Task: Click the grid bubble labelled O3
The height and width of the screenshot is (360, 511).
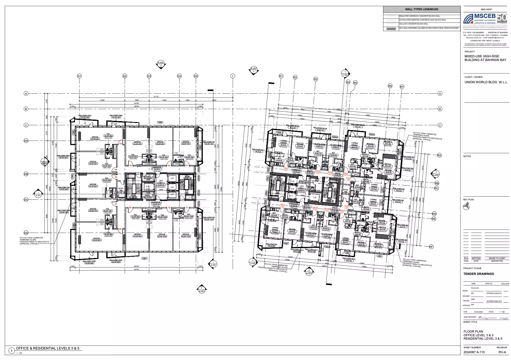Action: tap(149, 76)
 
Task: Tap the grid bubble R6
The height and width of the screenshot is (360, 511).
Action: tap(390, 86)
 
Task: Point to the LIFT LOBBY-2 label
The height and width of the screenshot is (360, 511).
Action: tap(161, 183)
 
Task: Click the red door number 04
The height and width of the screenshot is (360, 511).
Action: tap(121, 144)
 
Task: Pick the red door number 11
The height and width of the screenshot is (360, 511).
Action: tap(187, 208)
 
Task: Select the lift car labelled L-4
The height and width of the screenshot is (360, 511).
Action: tap(315, 197)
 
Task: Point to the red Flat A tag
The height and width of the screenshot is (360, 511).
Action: tap(286, 168)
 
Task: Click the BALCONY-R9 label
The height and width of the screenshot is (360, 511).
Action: tap(271, 245)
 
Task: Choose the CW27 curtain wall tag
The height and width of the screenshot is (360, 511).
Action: tap(144, 258)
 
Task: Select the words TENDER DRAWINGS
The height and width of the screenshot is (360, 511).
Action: tap(478, 274)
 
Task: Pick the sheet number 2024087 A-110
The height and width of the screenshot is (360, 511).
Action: tap(474, 352)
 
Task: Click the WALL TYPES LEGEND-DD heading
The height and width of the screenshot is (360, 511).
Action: tap(422, 9)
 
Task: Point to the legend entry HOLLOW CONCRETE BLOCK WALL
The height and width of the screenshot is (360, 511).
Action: tap(414, 24)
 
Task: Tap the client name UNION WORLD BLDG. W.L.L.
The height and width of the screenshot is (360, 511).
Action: tap(486, 82)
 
